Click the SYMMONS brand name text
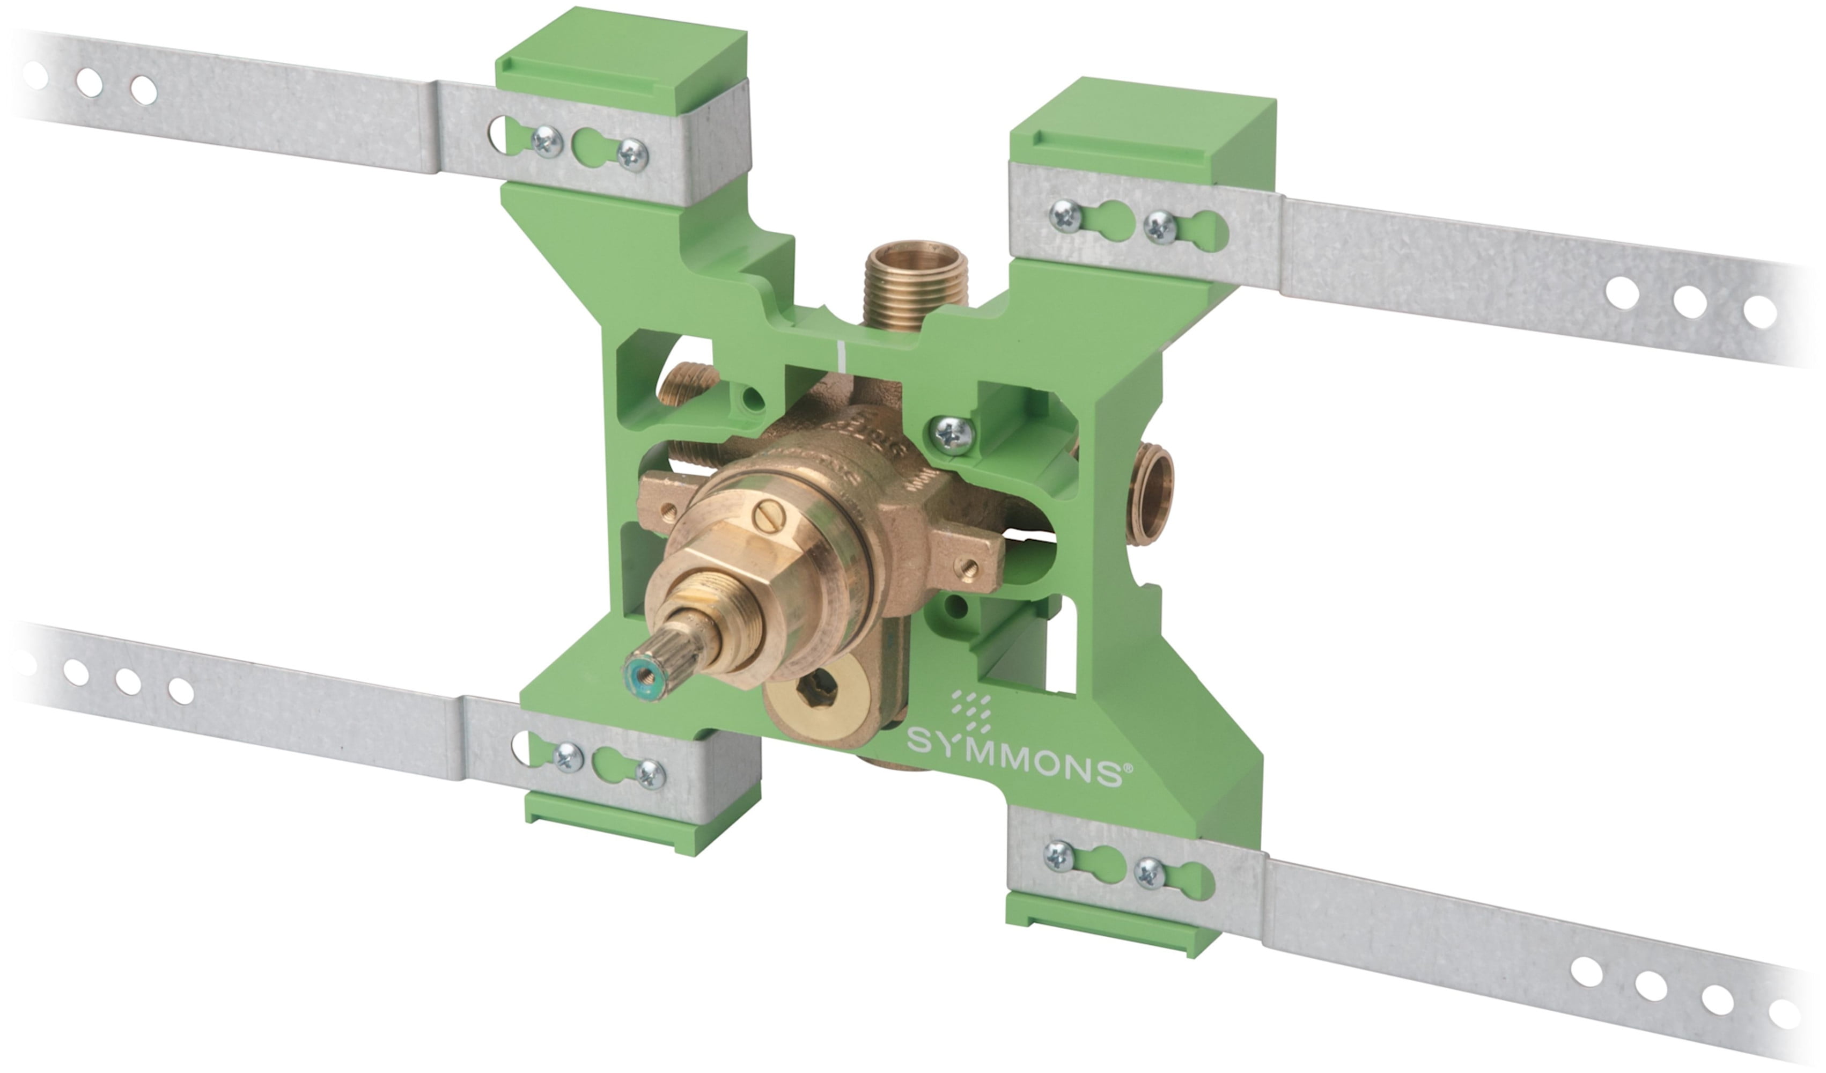(x=1014, y=761)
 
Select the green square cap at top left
(x=622, y=62)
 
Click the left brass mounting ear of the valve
(x=662, y=504)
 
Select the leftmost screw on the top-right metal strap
(x=1066, y=216)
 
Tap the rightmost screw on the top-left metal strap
(x=632, y=155)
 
